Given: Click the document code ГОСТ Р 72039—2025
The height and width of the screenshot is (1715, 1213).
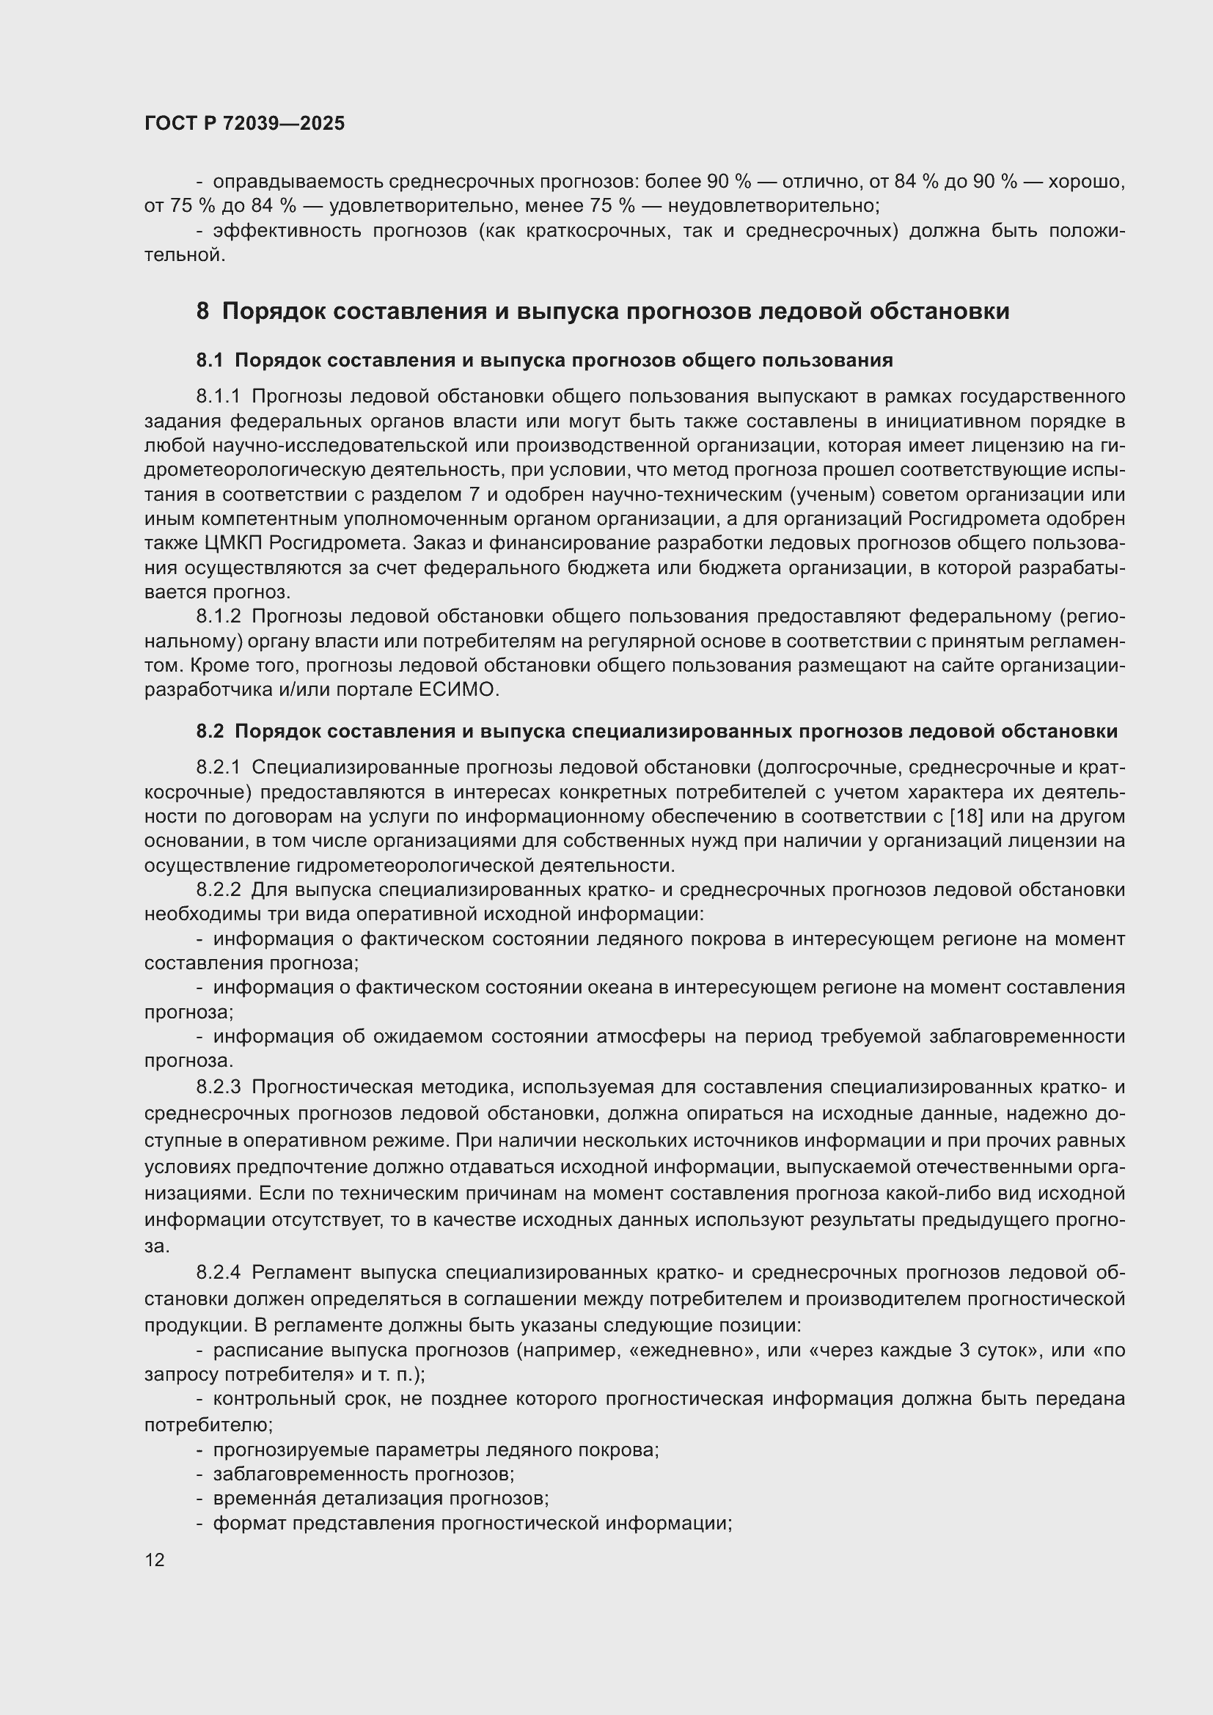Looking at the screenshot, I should tap(244, 123).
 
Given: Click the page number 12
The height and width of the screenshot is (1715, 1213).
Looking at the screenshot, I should tap(155, 1560).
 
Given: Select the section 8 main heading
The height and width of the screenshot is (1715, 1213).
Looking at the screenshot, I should tap(603, 311).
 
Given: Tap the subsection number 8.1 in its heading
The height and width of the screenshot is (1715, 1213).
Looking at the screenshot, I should tap(210, 361).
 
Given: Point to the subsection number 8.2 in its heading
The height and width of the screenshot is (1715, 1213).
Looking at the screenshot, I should tap(210, 731).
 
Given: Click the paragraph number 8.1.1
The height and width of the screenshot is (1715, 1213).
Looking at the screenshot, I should tap(219, 396).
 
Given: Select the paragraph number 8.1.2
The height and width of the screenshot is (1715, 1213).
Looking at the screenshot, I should tap(219, 616).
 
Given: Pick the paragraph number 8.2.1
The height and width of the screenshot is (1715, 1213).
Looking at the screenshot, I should tap(219, 767).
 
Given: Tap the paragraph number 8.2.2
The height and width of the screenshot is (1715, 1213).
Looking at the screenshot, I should tap(219, 890).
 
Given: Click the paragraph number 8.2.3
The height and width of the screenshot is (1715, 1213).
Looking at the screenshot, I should tap(219, 1087).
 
